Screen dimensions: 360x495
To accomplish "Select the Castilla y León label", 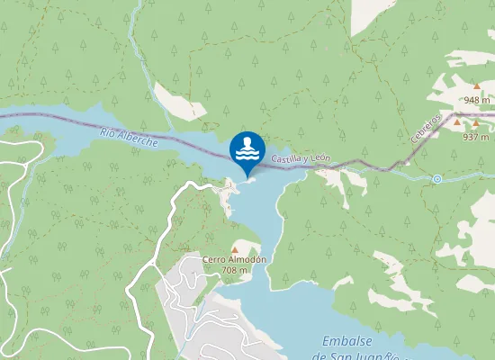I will (301, 159).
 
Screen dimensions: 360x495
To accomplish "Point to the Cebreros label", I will (427, 127).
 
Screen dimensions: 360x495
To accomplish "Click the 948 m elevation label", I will (477, 100).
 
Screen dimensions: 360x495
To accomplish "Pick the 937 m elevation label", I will (475, 137).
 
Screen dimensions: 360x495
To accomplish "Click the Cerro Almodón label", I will (235, 260).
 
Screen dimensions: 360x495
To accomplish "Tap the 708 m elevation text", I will (235, 270).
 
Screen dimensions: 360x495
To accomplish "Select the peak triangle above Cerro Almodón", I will (235, 249).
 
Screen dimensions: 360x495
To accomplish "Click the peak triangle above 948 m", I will (477, 86).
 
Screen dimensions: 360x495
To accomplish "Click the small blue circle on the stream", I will (436, 179).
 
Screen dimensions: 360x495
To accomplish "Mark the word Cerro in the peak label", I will (214, 260).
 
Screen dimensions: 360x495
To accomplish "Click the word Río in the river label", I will (108, 134).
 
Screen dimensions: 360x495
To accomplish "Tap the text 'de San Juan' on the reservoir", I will (351, 355).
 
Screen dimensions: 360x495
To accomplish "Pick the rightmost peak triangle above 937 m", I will (476, 123).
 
